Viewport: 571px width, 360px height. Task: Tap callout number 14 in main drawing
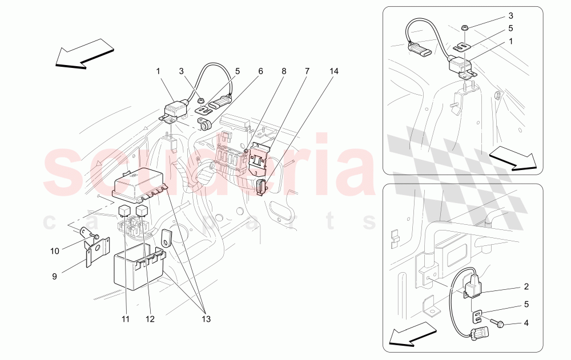333,72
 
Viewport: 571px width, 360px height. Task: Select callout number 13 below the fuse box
205,319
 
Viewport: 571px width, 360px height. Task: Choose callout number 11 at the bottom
125,319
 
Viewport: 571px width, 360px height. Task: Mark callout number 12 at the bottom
150,319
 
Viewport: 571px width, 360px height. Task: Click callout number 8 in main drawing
283,72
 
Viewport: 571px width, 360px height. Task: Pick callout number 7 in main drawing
307,72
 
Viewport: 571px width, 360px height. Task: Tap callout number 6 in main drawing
260,72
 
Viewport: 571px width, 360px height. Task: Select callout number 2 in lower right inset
526,287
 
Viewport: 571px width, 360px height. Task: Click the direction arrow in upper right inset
514,158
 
